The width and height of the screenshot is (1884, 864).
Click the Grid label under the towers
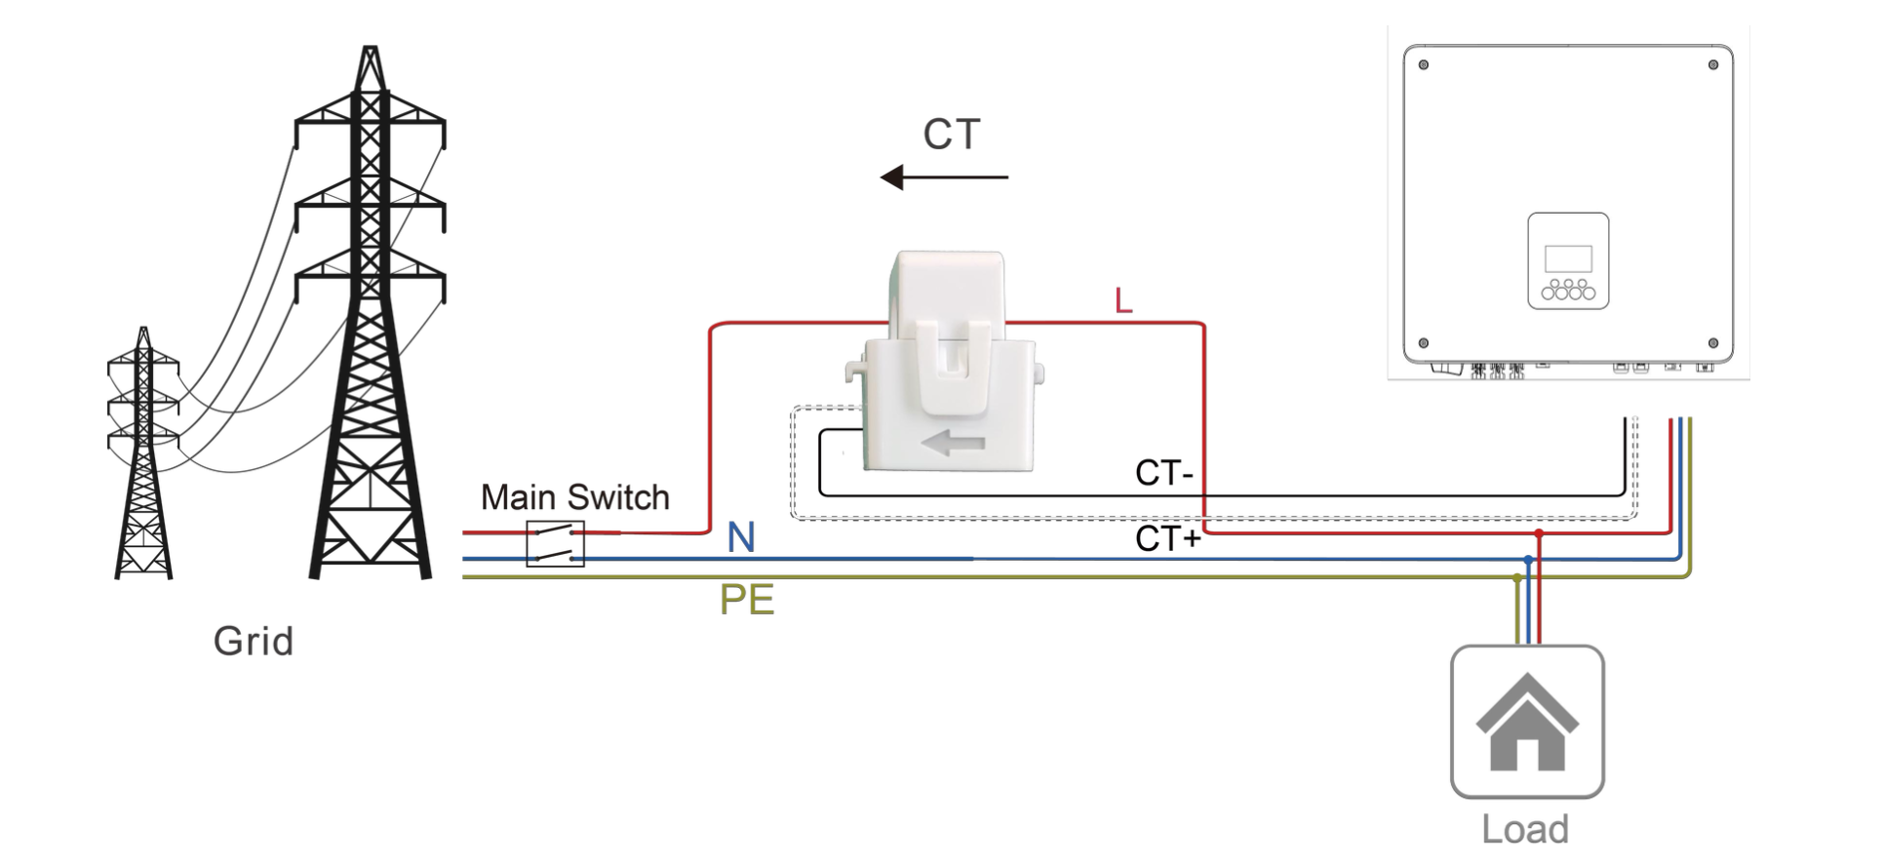click(x=254, y=642)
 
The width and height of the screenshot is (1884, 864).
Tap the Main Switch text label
click(x=575, y=497)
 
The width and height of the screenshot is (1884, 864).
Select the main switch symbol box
click(x=556, y=544)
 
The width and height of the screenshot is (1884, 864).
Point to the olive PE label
click(x=747, y=600)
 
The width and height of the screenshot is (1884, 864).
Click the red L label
click(x=1123, y=301)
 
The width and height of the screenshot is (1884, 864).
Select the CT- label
click(x=1164, y=474)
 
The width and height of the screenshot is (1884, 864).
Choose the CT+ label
click(x=1168, y=538)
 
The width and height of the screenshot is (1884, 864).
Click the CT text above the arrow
click(x=952, y=135)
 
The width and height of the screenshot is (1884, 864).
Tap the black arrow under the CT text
click(x=944, y=177)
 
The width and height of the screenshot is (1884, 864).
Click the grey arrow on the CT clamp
click(x=953, y=444)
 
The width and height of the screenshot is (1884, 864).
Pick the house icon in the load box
click(x=1527, y=722)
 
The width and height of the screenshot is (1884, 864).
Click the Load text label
click(x=1525, y=830)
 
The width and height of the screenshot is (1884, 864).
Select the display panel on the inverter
click(x=1568, y=260)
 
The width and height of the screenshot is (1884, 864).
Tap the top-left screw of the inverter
click(x=1424, y=65)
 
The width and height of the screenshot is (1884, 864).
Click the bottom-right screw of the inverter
click(x=1713, y=343)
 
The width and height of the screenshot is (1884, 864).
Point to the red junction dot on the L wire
click(x=1539, y=533)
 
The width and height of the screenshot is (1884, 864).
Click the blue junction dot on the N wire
click(x=1528, y=560)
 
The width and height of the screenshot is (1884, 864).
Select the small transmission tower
click(x=143, y=453)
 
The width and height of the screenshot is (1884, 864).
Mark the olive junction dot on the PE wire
click(x=1517, y=577)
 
